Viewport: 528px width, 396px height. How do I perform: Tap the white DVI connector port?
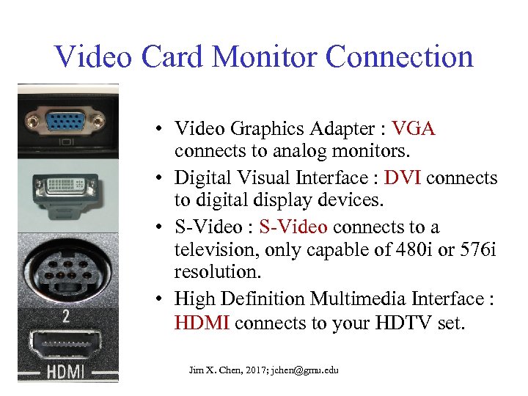click(x=68, y=187)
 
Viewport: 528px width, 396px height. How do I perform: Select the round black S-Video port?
click(x=68, y=269)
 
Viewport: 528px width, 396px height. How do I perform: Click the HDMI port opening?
click(x=68, y=342)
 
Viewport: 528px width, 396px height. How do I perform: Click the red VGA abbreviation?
click(x=414, y=129)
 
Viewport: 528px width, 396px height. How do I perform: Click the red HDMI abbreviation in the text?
click(x=202, y=323)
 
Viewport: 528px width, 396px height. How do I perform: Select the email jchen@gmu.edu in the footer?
click(x=304, y=370)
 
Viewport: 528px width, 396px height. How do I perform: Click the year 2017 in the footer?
click(x=249, y=370)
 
